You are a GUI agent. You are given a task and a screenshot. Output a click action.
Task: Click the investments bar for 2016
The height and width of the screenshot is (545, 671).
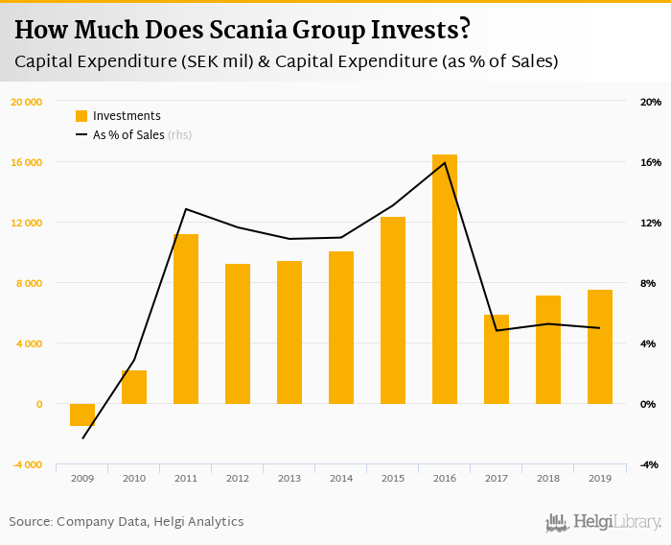point(445,278)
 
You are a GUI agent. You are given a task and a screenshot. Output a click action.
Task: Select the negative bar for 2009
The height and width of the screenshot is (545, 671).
point(82,415)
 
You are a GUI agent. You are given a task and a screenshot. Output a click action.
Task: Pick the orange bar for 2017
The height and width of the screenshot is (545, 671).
point(497,359)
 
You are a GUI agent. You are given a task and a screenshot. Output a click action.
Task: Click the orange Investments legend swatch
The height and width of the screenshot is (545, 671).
point(81,116)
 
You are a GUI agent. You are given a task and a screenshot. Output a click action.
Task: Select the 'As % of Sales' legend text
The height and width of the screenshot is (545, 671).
point(128,135)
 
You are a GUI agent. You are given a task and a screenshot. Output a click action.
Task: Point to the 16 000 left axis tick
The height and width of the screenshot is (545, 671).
point(27,162)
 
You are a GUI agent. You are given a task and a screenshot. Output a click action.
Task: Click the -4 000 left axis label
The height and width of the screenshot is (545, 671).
point(27,464)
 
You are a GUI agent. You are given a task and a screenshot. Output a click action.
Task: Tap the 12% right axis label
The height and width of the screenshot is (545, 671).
point(651,223)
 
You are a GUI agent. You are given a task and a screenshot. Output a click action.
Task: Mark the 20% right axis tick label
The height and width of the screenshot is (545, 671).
point(651,102)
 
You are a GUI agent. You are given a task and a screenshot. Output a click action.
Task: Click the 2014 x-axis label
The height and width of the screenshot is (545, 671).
point(341,477)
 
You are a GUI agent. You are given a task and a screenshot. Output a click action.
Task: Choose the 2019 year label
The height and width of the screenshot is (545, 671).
point(600,477)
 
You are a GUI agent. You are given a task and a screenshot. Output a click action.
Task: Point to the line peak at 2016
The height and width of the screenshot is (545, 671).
point(445,162)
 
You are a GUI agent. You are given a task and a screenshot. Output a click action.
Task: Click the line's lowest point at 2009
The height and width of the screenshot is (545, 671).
point(82,438)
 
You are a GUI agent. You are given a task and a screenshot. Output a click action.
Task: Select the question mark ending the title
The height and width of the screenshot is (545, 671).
point(464,31)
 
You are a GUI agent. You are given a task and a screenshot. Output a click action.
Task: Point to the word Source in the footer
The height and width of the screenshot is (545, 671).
point(30,522)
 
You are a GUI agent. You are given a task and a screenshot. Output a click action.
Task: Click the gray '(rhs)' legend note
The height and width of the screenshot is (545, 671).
point(180,135)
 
